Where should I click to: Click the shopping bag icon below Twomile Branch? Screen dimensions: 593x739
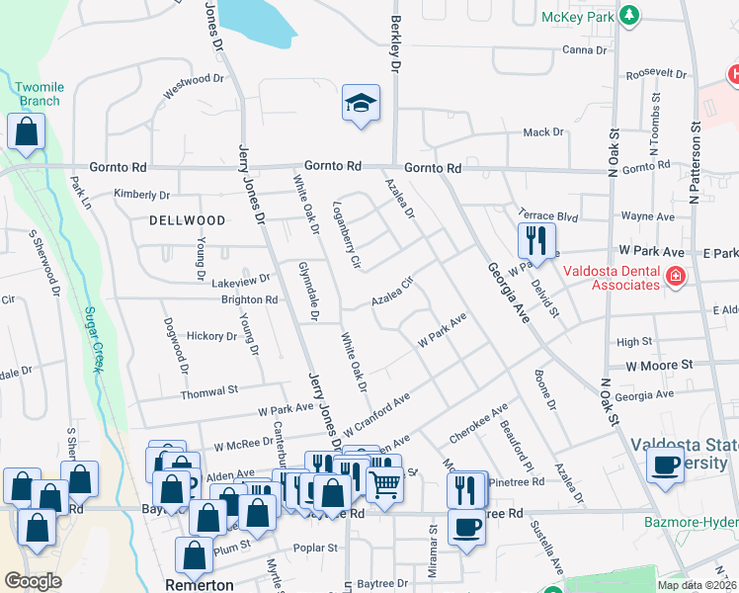pos(26,132)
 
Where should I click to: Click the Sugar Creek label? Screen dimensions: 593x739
pos(94,339)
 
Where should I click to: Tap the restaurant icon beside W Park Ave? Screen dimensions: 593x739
pos(536,240)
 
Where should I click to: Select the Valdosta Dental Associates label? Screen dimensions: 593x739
pos(611,278)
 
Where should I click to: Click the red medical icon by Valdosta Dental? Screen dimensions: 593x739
pos(675,277)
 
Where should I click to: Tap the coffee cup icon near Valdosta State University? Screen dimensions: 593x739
pos(666,465)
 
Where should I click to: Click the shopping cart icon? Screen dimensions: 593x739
pos(384,485)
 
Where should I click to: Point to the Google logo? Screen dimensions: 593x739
pos(34,581)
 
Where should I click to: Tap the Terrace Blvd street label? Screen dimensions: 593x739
pos(547,213)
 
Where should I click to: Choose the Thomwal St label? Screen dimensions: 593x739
pos(209,393)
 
